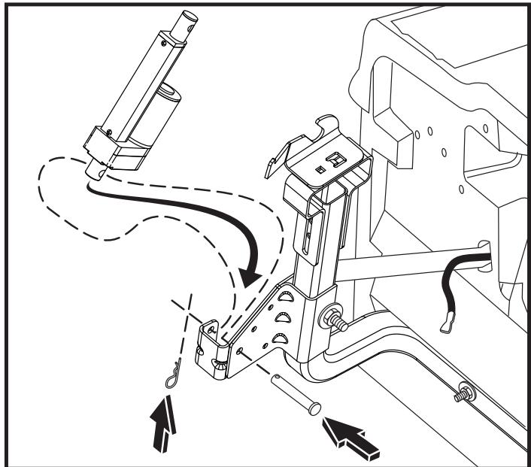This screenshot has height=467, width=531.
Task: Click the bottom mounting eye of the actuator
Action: [x=96, y=169]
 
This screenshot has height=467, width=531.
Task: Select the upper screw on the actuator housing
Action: [x=111, y=132]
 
